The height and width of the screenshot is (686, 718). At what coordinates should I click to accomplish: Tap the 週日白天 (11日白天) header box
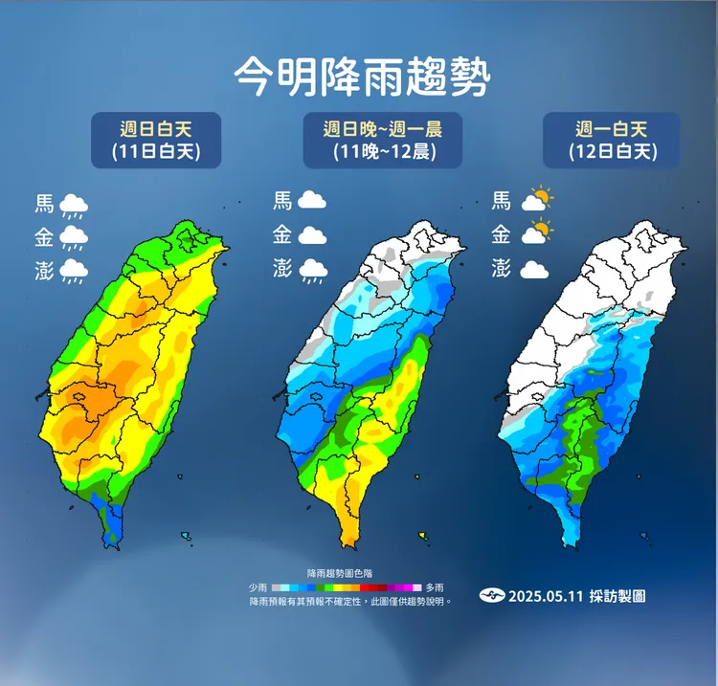point(156,140)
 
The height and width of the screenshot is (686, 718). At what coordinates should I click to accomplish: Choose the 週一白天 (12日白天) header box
point(612,140)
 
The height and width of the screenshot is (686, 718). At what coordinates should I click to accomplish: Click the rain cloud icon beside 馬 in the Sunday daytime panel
point(74,205)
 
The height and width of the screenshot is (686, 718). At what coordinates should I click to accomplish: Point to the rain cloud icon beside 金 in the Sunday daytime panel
point(74,237)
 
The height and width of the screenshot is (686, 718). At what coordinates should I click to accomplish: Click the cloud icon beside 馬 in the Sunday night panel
point(312,201)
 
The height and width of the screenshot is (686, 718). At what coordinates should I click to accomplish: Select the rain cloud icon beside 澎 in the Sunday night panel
point(312,271)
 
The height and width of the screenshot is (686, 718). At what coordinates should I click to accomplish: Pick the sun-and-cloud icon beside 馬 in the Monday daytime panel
point(537,200)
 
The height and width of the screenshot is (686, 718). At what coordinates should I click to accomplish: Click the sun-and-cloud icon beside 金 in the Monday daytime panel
point(537,232)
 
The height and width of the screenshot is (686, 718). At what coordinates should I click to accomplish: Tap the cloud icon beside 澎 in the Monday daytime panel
point(534,270)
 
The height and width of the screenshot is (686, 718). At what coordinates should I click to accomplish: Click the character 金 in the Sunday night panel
point(282,234)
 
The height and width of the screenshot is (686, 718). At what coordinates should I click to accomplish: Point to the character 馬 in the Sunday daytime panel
point(44,203)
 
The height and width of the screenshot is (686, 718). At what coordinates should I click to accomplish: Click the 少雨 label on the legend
point(258,586)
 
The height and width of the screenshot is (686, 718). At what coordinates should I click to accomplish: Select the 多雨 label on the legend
point(436,586)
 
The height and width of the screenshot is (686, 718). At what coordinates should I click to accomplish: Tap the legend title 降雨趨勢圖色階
point(346,570)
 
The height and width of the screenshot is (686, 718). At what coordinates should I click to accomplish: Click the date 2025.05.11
point(545,596)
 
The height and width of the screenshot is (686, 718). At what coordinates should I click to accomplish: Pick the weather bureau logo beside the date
point(491,596)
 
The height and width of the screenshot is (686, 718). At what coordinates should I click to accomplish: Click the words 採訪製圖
point(619,596)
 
